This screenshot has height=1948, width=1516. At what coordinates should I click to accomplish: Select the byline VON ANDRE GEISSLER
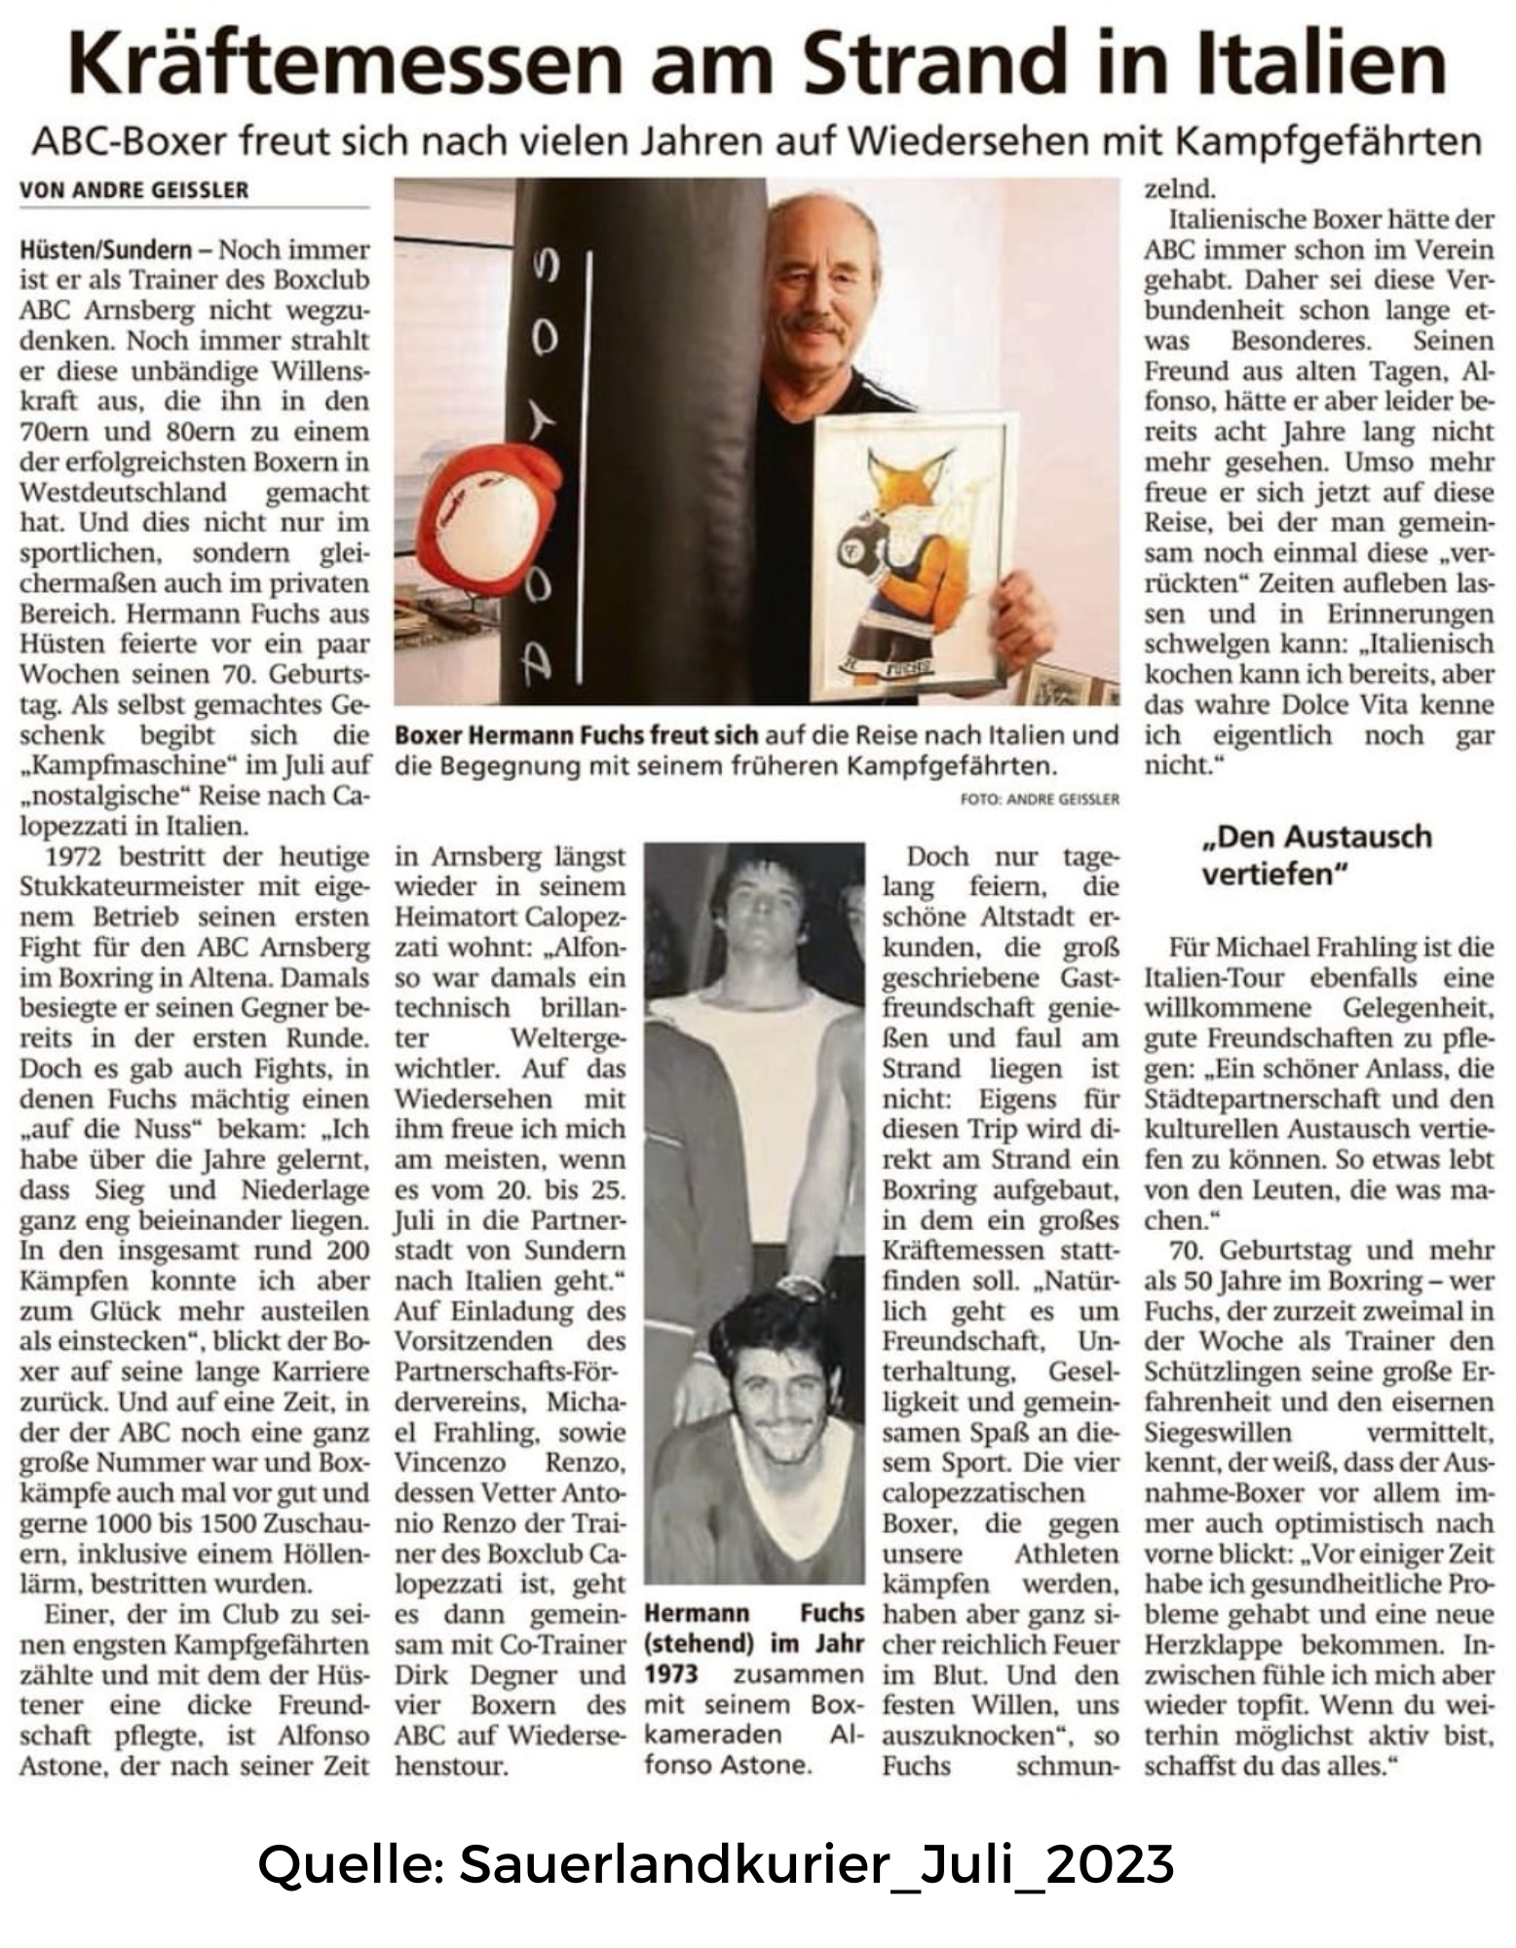pos(133,190)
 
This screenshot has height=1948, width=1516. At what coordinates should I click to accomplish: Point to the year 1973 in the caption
pos(671,1673)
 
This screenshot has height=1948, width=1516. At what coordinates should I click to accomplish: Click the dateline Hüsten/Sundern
pos(105,250)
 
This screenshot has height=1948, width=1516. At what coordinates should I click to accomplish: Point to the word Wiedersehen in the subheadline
pos(971,142)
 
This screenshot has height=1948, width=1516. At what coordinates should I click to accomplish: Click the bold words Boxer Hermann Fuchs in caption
pos(526,735)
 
